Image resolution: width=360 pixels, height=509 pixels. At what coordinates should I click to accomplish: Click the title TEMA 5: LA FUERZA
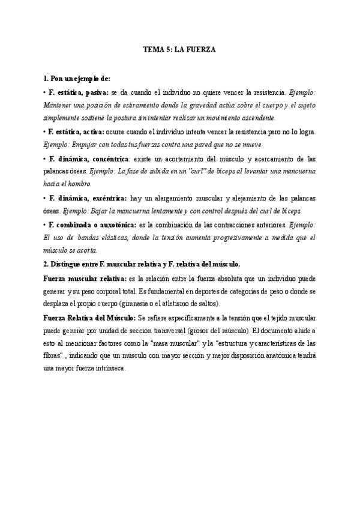pyautogui.click(x=179, y=51)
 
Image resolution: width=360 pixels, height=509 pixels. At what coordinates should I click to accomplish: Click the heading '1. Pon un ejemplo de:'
pyautogui.click(x=77, y=79)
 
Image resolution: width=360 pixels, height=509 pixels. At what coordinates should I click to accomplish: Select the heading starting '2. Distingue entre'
pyautogui.click(x=142, y=264)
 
